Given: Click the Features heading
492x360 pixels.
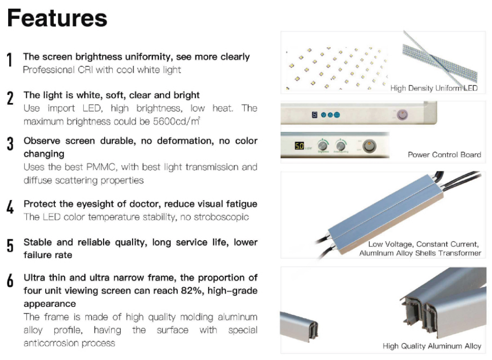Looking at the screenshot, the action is coord(57,18).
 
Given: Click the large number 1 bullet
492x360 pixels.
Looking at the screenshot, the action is coord(10,59).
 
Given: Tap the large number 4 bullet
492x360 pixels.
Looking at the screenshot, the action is coord(10,207).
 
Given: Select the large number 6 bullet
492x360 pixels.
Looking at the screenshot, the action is coord(10,280).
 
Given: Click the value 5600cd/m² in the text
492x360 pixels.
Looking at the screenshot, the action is coord(177,121).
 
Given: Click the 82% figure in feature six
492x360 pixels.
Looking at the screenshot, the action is coord(191,290).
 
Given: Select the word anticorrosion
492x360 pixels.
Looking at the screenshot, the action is coord(51,343).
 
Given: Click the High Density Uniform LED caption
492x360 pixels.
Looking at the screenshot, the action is coord(434,88).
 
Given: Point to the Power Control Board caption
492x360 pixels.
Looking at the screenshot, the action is coord(444,155).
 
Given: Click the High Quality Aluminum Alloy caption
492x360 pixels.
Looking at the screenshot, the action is coord(432,346).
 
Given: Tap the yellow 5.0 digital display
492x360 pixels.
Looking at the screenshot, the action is coord(299,146).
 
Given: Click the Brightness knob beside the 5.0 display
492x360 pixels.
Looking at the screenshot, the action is coord(323,146).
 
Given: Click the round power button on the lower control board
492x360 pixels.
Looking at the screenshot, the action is coord(369,146).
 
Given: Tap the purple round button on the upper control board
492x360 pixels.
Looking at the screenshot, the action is coord(402,115).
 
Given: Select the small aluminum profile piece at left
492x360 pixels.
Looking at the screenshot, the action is coord(299,326).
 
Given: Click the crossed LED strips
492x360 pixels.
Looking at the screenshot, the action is coord(440,59).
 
